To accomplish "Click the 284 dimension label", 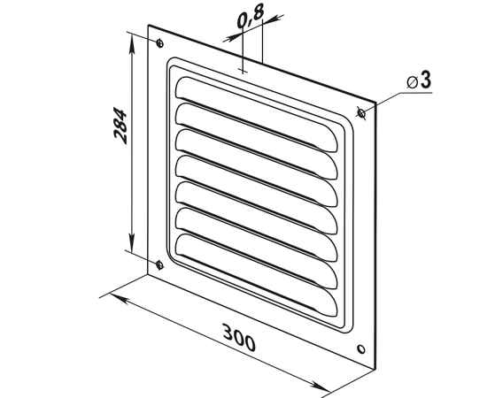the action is (120, 126).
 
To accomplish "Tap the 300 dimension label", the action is (239, 337).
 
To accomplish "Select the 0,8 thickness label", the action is (251, 16).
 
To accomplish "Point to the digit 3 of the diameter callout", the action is (426, 80).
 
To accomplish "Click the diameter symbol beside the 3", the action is (412, 83).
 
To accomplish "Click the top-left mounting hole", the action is (159, 43).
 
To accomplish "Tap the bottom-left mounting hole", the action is (159, 264).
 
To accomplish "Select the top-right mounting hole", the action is (361, 112).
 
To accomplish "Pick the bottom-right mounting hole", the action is (361, 349).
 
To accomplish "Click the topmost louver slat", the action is (256, 114).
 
